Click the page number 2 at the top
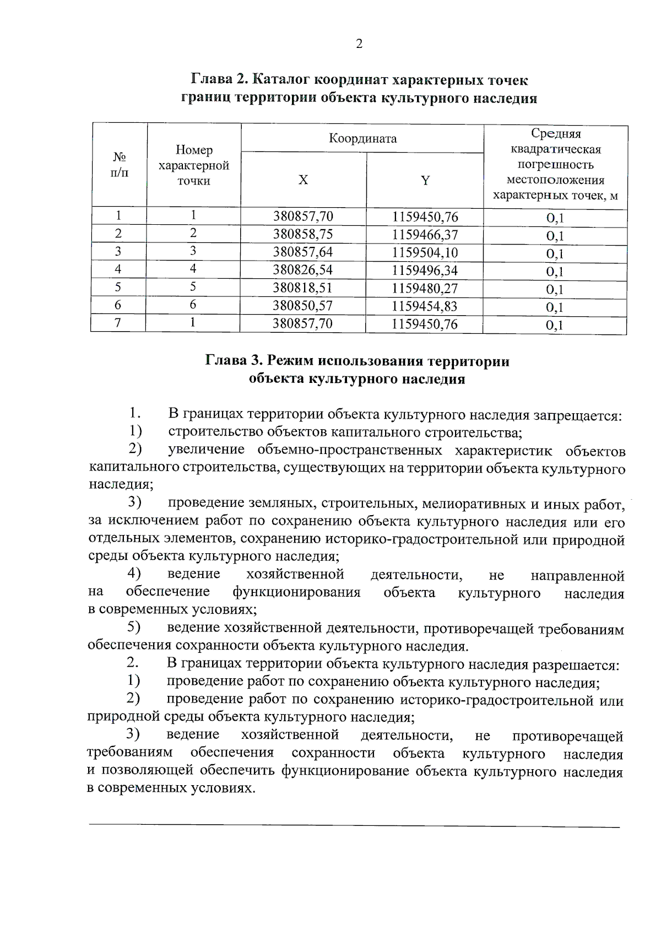point(359,44)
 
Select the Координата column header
point(362,138)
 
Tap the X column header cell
point(303,180)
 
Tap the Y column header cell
point(425,180)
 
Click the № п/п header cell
point(119,165)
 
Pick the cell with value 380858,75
point(303,234)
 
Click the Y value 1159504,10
point(425,253)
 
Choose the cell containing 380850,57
point(303,306)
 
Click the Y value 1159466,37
point(425,235)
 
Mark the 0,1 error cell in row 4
point(555,272)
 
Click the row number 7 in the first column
point(117,323)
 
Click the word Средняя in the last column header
point(555,134)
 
